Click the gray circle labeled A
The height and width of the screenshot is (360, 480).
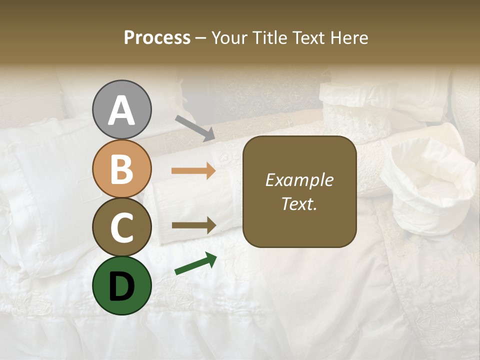pos(121,109)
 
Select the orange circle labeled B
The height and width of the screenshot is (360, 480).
pos(121,168)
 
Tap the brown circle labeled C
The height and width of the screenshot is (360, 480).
pos(121,227)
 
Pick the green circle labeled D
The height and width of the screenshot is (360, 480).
pos(121,285)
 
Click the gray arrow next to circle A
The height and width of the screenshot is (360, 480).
pos(195,128)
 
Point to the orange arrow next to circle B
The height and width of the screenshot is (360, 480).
pos(193,171)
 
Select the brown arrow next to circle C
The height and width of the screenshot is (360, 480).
pos(193,225)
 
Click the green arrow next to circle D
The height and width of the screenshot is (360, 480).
pos(195,264)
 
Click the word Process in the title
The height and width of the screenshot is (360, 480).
pos(157,38)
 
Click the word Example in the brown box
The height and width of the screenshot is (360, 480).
pos(299,180)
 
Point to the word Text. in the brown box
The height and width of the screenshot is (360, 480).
pos(299,203)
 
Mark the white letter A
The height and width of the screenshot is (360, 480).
pos(121,110)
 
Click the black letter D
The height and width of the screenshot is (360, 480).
pos(121,286)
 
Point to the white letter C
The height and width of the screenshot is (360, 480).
pos(121,227)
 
